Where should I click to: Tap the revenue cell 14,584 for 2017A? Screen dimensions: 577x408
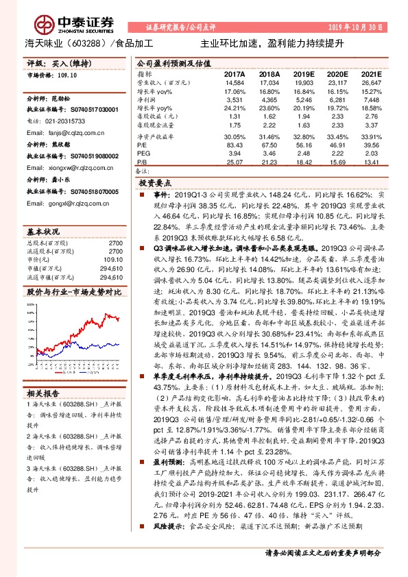(x=235, y=82)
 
